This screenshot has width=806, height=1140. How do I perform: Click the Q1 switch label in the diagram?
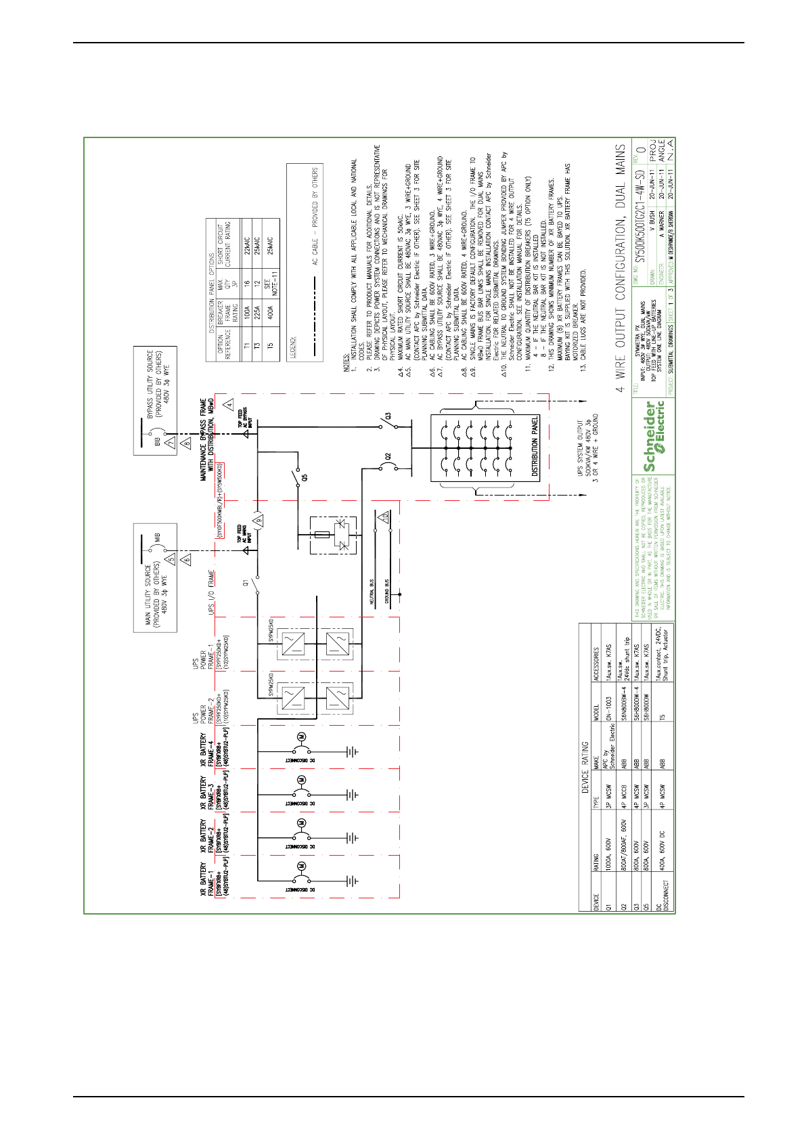click(246, 581)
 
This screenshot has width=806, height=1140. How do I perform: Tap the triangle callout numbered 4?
click(229, 404)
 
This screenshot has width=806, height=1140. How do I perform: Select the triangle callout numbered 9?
click(258, 520)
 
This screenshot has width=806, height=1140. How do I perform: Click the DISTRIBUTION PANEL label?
click(535, 448)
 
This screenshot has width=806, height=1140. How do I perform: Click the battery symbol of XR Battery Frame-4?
click(351, 751)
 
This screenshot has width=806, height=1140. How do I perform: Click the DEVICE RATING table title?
click(585, 774)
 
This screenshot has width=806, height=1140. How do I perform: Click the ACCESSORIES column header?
click(596, 655)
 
